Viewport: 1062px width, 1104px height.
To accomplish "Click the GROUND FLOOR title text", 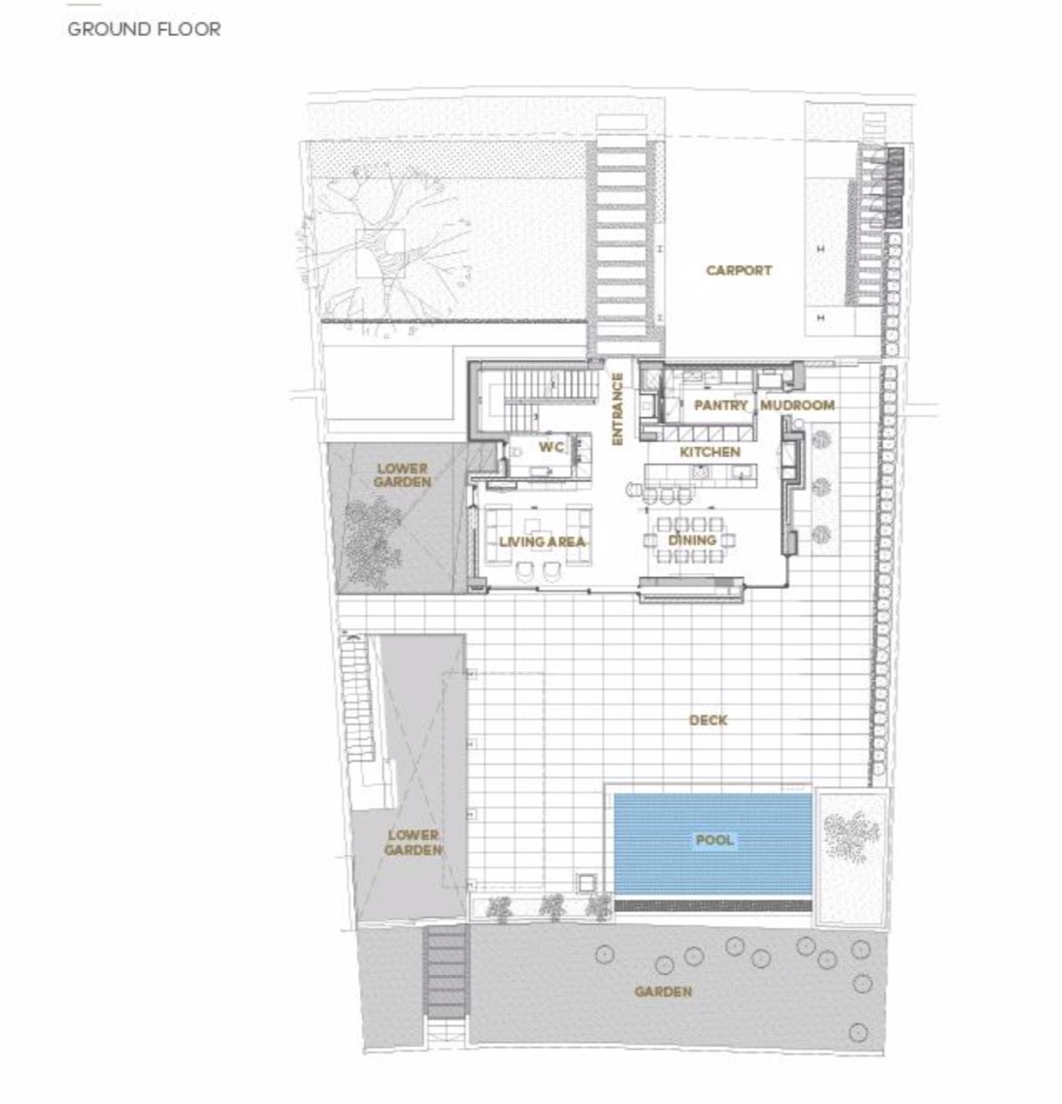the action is (x=144, y=29).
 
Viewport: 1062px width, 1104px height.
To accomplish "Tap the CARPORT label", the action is (x=739, y=270).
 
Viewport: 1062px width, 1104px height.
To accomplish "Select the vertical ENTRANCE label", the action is (x=617, y=408).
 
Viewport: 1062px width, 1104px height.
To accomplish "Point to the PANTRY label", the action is (x=720, y=405).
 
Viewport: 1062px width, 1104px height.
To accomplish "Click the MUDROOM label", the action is (x=797, y=405).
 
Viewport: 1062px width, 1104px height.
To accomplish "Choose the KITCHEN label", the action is (x=710, y=451).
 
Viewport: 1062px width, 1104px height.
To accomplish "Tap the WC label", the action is (x=551, y=446).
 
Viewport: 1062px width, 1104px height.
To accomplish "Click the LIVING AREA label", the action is (x=542, y=541).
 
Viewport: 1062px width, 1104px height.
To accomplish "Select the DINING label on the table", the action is (x=692, y=539).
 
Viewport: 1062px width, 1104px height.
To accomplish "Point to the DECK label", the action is (x=709, y=720).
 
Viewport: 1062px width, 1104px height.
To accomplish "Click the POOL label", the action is (x=714, y=839).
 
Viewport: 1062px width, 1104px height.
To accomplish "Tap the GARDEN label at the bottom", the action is (x=663, y=991).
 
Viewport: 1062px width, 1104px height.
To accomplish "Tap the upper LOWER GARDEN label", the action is (x=403, y=475).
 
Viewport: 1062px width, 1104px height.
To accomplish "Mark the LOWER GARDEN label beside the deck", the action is (x=413, y=843).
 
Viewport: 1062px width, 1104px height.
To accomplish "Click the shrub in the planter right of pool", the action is (x=851, y=835).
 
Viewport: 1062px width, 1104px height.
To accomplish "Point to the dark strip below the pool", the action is (x=714, y=904).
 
